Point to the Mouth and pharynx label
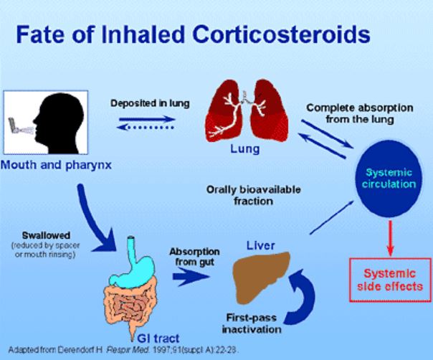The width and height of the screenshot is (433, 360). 48,163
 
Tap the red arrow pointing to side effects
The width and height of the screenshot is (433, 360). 391,236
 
